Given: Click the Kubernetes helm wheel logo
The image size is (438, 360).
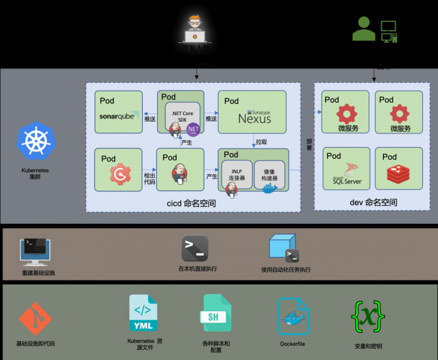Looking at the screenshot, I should (36, 141).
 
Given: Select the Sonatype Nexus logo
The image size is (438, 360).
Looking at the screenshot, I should (254, 117).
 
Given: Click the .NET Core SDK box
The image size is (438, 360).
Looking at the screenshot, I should (182, 116).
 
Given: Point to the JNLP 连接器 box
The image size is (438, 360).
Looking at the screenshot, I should (237, 174).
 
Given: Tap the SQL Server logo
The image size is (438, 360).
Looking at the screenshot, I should (347, 173).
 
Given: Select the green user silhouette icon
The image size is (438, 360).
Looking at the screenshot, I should (364, 29).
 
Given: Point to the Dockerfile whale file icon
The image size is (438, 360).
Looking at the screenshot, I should (293, 317).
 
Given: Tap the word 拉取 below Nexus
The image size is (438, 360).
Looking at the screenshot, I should (261, 142).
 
